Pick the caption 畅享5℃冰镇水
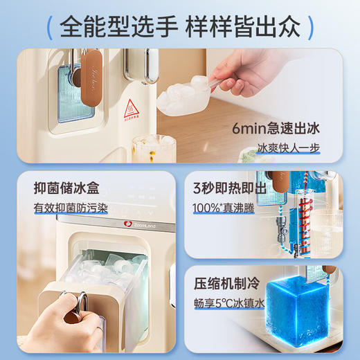point(228,303)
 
